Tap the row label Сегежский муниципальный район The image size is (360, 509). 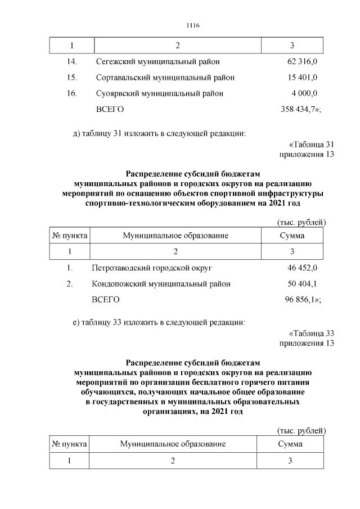(x=157, y=61)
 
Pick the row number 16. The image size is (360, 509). (x=71, y=93)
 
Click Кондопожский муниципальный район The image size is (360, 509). (x=161, y=284)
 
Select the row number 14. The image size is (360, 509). (x=71, y=61)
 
